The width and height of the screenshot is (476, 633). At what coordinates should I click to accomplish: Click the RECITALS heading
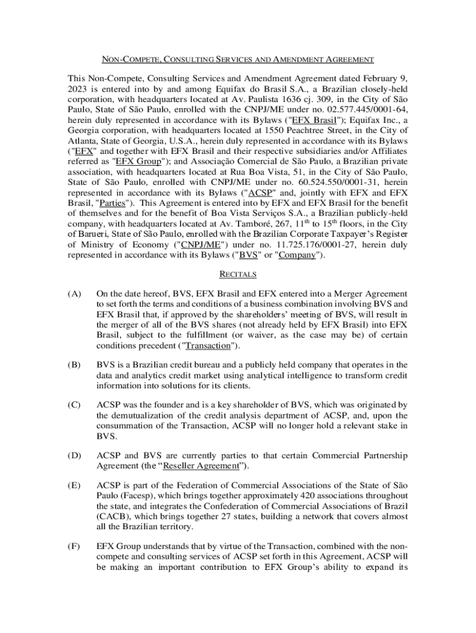[x=238, y=274]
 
